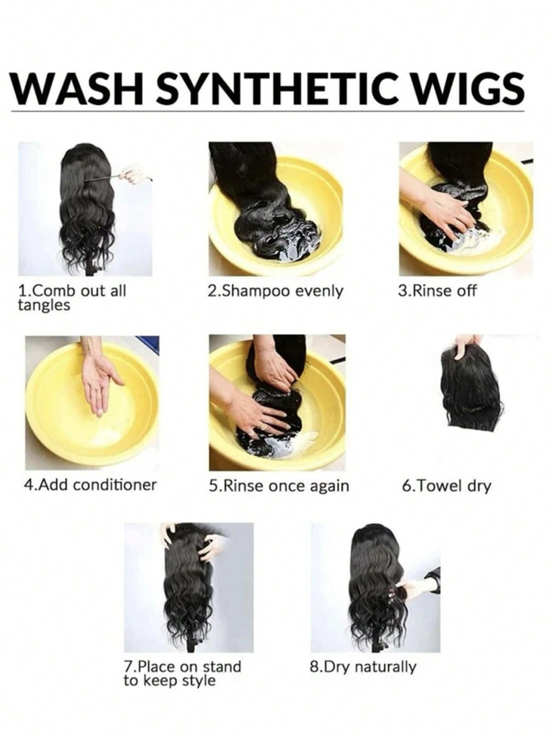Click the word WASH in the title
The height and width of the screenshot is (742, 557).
(77, 88)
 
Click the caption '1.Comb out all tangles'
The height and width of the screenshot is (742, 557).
(72, 298)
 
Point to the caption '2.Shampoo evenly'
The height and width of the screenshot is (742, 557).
(275, 291)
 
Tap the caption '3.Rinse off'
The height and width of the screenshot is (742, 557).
(437, 290)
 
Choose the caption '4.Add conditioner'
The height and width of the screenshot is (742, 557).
(90, 484)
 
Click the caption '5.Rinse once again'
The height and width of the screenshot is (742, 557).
(278, 486)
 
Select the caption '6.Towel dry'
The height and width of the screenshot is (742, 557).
(446, 486)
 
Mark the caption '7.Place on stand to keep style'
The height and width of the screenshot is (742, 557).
(182, 673)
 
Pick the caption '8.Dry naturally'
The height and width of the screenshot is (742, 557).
(363, 668)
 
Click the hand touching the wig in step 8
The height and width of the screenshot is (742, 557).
(408, 589)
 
